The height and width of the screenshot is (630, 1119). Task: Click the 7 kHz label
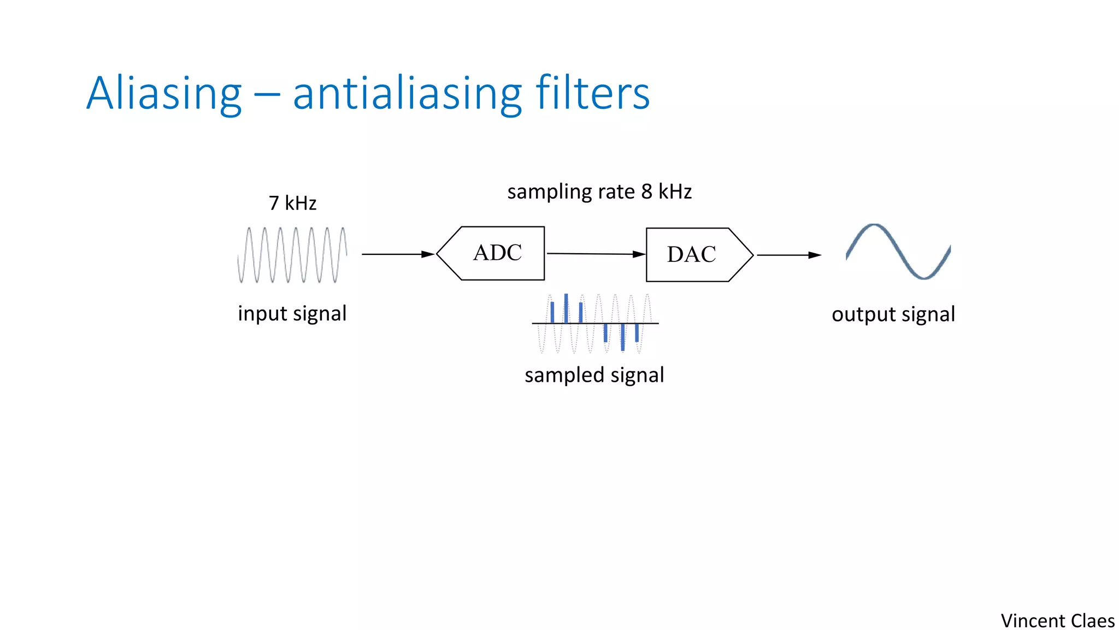click(292, 203)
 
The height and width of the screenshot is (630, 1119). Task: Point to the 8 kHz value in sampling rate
click(666, 192)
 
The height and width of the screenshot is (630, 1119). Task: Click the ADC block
click(497, 253)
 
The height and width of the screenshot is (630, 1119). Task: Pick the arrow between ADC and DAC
click(595, 254)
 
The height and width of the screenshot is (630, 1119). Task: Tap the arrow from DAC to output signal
click(788, 255)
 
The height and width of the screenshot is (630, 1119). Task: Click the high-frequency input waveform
click(292, 255)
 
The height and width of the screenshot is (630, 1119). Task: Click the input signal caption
click(292, 314)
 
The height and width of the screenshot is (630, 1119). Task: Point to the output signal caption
click(893, 314)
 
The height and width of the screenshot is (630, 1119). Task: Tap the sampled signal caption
click(594, 375)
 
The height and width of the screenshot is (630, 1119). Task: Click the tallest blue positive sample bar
click(566, 308)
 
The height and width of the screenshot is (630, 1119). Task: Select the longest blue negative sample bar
click(622, 337)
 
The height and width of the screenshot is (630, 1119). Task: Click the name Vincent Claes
click(1057, 621)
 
